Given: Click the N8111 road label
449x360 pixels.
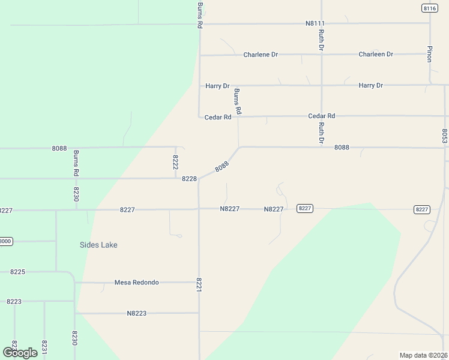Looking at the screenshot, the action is point(315,23).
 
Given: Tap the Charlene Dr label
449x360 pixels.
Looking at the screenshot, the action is point(261,55).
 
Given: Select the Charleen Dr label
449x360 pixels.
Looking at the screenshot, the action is point(376,54).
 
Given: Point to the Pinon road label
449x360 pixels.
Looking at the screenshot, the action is point(430,53).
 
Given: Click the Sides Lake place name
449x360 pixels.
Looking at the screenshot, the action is point(98,245).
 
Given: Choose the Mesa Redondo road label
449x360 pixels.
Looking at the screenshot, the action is point(137,282).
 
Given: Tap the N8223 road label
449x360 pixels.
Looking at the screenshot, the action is point(137,313).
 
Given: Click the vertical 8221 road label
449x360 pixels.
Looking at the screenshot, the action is point(199,285).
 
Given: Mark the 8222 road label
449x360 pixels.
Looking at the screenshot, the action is point(175,162).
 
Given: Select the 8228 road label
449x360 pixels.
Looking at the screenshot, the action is point(189,179).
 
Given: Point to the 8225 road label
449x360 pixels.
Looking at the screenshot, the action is point(17,272).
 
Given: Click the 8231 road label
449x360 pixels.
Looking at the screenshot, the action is point(44,347).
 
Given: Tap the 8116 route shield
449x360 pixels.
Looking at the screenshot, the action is point(429,8).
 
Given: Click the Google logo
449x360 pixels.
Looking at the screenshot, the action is point(20,352).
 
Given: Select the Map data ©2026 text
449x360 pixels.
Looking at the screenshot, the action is point(424,355).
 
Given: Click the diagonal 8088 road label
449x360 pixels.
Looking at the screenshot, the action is point(221,167).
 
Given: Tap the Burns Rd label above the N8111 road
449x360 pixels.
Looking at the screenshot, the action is point(200,16).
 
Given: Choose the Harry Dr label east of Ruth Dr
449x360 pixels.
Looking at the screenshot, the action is point(371,85).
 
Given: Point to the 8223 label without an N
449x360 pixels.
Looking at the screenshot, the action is point(14,302).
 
